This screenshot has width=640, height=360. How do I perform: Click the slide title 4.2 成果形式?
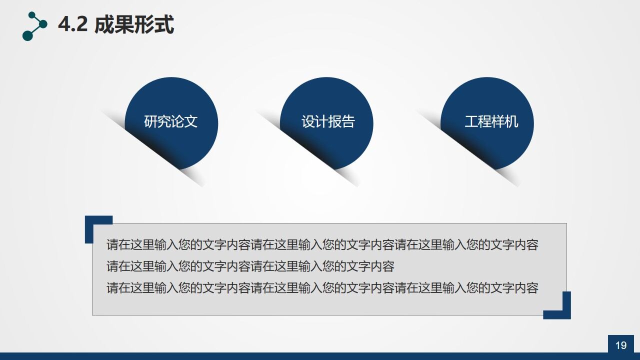(x=116, y=25)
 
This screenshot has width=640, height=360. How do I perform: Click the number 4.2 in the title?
(x=72, y=25)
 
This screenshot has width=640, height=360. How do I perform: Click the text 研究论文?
(x=171, y=122)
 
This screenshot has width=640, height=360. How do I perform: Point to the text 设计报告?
(x=328, y=122)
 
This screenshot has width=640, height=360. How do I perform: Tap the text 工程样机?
(x=491, y=122)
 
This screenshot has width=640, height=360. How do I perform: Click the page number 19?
(x=621, y=345)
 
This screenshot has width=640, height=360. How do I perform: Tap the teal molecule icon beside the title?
(x=34, y=26)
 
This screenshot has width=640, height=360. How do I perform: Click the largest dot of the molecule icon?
(x=28, y=35)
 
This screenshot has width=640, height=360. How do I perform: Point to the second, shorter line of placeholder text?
(x=250, y=266)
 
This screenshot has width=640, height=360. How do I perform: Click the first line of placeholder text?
(x=322, y=245)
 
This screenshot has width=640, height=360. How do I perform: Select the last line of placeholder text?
(x=322, y=288)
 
